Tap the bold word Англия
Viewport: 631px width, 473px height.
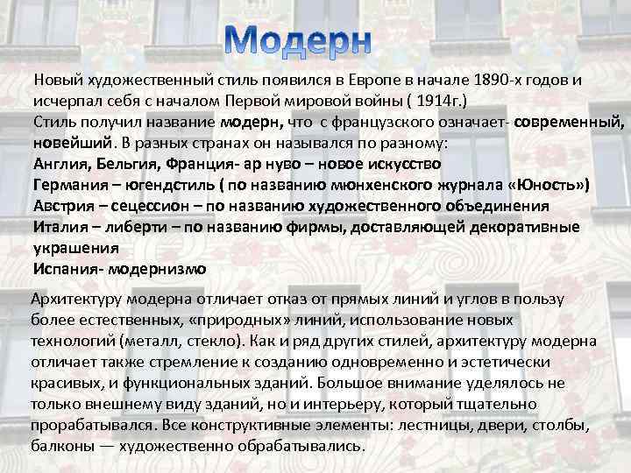tap(60, 164)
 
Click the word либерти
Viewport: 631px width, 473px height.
tap(134, 228)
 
